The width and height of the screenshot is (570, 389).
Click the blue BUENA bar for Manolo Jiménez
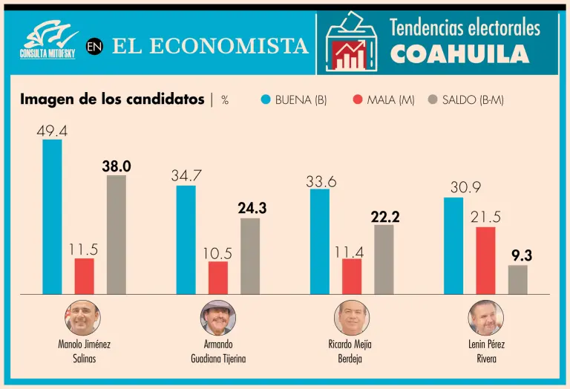click(52, 217)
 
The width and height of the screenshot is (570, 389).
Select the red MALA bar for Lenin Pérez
click(485, 261)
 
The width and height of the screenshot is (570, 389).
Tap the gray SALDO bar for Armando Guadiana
click(250, 256)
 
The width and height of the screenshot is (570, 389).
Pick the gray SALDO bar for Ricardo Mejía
click(384, 260)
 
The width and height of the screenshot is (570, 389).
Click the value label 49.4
click(52, 131)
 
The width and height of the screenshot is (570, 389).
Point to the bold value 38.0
click(117, 167)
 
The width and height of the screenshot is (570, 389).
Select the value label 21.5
click(485, 218)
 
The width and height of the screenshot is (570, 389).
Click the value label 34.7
click(186, 177)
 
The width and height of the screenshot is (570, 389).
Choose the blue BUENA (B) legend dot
click(266, 99)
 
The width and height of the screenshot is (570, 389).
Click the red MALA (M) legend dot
click(358, 99)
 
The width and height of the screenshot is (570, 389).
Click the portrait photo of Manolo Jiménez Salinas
click(84, 318)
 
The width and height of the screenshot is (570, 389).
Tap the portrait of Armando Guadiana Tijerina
click(218, 318)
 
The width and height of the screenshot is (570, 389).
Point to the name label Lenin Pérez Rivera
click(486, 351)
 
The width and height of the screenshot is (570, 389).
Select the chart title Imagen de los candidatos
click(112, 99)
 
